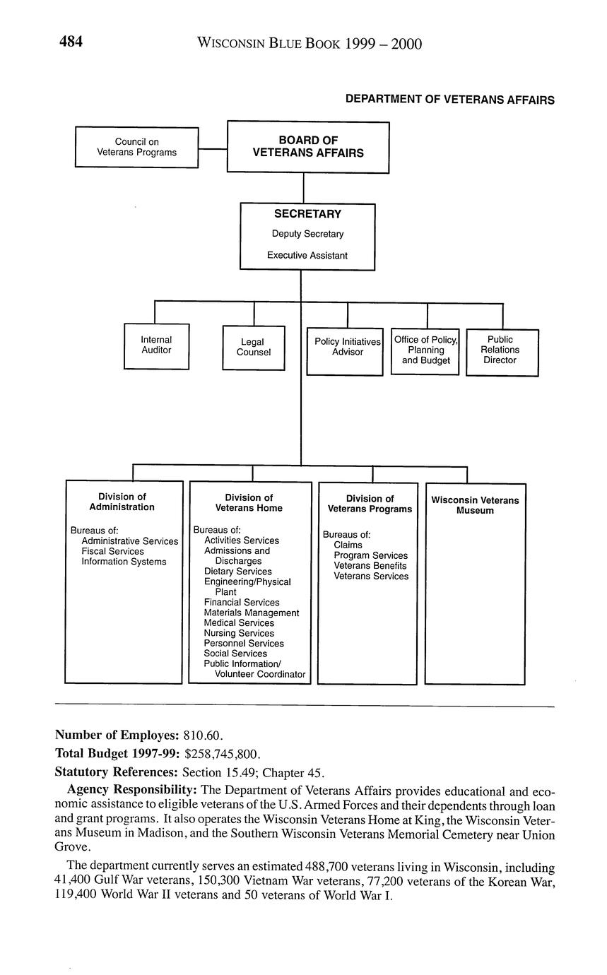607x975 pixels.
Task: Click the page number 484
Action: click(71, 42)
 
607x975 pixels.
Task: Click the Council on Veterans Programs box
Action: click(136, 147)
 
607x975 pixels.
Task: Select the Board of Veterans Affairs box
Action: click(307, 147)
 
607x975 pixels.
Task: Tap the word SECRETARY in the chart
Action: click(307, 214)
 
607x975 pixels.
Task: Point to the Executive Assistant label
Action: click(307, 256)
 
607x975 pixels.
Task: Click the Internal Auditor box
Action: click(156, 345)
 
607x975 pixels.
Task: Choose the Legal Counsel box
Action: click(253, 347)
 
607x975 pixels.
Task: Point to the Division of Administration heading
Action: click(122, 502)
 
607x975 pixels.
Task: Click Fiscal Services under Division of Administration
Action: click(112, 552)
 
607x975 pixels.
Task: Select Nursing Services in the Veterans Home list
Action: click(239, 634)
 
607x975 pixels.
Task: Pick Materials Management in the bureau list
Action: click(251, 613)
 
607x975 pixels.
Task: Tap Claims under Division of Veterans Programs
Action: click(348, 545)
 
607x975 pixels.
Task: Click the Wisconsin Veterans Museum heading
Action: click(475, 505)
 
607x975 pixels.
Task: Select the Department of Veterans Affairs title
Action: click(449, 100)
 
